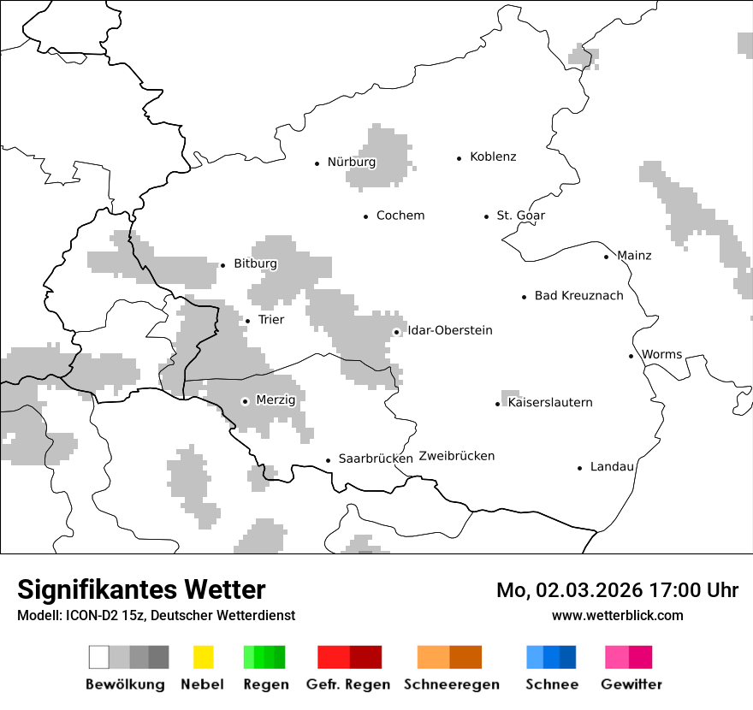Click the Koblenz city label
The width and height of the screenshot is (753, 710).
pyautogui.click(x=493, y=157)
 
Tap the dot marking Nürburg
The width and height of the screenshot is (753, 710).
pyautogui.click(x=317, y=163)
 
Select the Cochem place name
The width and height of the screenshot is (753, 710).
pyautogui.click(x=400, y=216)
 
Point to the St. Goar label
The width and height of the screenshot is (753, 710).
pyautogui.click(x=520, y=216)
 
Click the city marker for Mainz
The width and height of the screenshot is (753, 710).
pyautogui.click(x=606, y=257)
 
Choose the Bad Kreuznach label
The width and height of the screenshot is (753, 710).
pyautogui.click(x=578, y=296)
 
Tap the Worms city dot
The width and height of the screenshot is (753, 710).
pyautogui.click(x=631, y=356)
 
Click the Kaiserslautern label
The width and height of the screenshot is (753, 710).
pyautogui.click(x=549, y=403)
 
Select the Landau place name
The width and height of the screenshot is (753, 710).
pyautogui.click(x=612, y=467)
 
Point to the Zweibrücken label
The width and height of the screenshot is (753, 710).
pyautogui.click(x=456, y=456)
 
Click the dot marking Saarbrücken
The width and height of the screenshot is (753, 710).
pyautogui.click(x=328, y=460)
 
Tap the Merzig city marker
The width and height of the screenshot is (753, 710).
pyautogui.click(x=245, y=401)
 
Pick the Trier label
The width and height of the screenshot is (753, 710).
pyautogui.click(x=270, y=320)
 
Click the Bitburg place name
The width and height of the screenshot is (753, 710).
pyautogui.click(x=255, y=264)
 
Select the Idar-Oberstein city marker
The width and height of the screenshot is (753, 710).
pyautogui.click(x=396, y=332)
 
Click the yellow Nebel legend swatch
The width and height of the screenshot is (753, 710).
pyautogui.click(x=203, y=657)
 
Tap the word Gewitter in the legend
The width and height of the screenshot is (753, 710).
pyautogui.click(x=631, y=684)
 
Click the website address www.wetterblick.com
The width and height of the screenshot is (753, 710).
pyautogui.click(x=617, y=615)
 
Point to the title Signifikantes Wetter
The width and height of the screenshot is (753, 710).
pyautogui.click(x=141, y=590)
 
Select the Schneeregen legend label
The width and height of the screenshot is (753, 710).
pyautogui.click(x=451, y=684)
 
